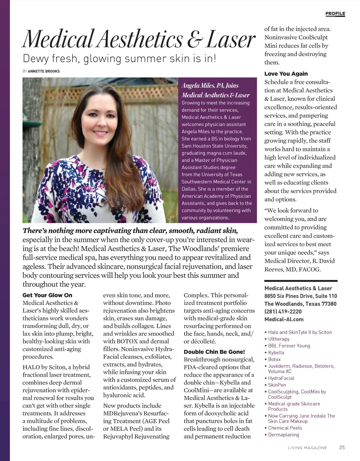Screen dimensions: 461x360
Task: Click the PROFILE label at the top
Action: [x=335, y=14]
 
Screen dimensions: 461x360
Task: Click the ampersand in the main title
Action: [x=193, y=39]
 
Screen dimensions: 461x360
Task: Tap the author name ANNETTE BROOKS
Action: [x=44, y=71]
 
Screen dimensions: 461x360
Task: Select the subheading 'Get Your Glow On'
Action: [x=47, y=295]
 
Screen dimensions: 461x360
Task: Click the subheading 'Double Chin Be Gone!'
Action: [x=214, y=352]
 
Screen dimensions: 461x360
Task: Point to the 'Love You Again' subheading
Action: [x=286, y=74]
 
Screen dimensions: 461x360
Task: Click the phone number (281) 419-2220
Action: [x=283, y=312]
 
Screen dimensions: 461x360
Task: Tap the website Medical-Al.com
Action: [x=284, y=319]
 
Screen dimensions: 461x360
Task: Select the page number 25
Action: [x=342, y=447]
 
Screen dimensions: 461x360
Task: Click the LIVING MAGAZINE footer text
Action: [x=307, y=448]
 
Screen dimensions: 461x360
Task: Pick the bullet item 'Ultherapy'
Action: [x=279, y=339]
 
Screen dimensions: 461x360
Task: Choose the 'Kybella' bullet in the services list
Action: [x=276, y=352]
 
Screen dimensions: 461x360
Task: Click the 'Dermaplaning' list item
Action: [x=283, y=435]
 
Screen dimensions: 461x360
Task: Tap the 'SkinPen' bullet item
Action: [x=277, y=385]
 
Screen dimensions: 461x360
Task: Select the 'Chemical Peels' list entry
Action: [x=285, y=428]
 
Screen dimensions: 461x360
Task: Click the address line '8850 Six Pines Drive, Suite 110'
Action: [x=301, y=296]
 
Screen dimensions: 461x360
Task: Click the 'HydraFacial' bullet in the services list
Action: [x=281, y=378]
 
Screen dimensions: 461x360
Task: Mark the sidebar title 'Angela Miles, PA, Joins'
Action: [x=210, y=85]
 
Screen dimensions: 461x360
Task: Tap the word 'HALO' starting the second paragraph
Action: [x=31, y=367]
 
